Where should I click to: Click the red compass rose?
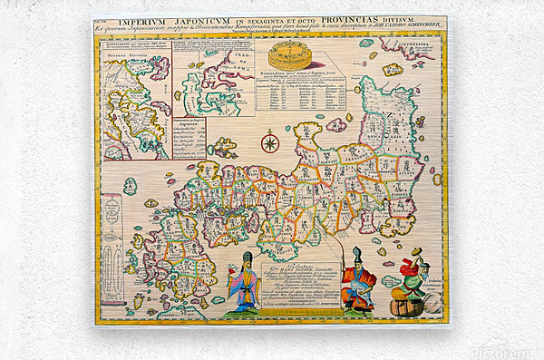[269, 142]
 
